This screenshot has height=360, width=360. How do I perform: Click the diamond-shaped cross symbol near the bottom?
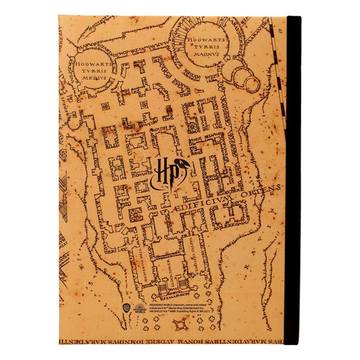180,326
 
